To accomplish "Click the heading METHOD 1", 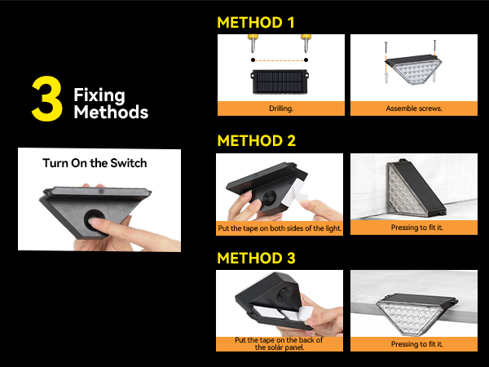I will point(256,23).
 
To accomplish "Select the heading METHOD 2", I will point(256,141).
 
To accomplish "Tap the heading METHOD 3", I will point(256,259).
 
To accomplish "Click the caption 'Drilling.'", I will point(280,108).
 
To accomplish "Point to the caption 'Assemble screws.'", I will point(413,108).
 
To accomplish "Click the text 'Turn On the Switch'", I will point(95,163).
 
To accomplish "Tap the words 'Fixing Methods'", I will point(110,104).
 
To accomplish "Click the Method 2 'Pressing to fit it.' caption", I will point(413,228).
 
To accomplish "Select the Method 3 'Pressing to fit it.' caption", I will point(413,345).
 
